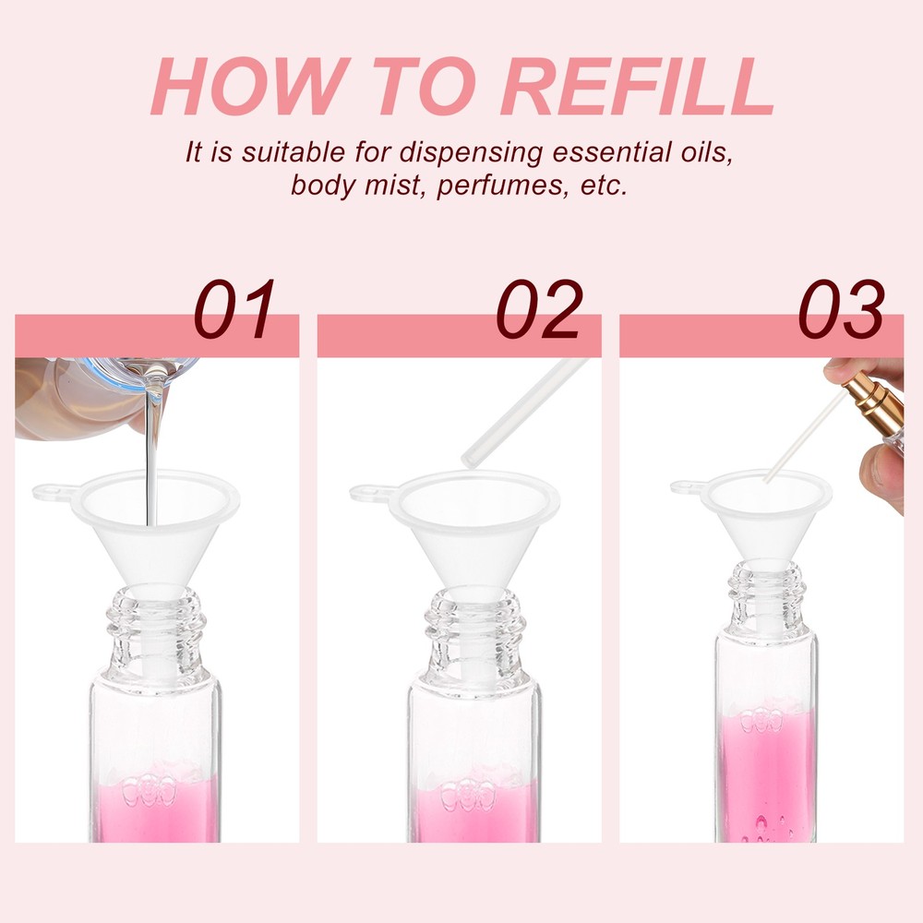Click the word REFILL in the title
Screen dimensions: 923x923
coord(637,86)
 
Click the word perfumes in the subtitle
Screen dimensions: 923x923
coord(503,186)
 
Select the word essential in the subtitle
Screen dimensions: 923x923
coord(607,152)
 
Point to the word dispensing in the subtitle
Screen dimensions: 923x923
coord(471,153)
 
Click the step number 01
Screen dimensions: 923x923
coord(234,309)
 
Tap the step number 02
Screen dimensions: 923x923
coord(539,309)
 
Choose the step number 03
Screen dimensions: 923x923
coord(841,309)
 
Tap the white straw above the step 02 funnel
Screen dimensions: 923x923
coord(524,414)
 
